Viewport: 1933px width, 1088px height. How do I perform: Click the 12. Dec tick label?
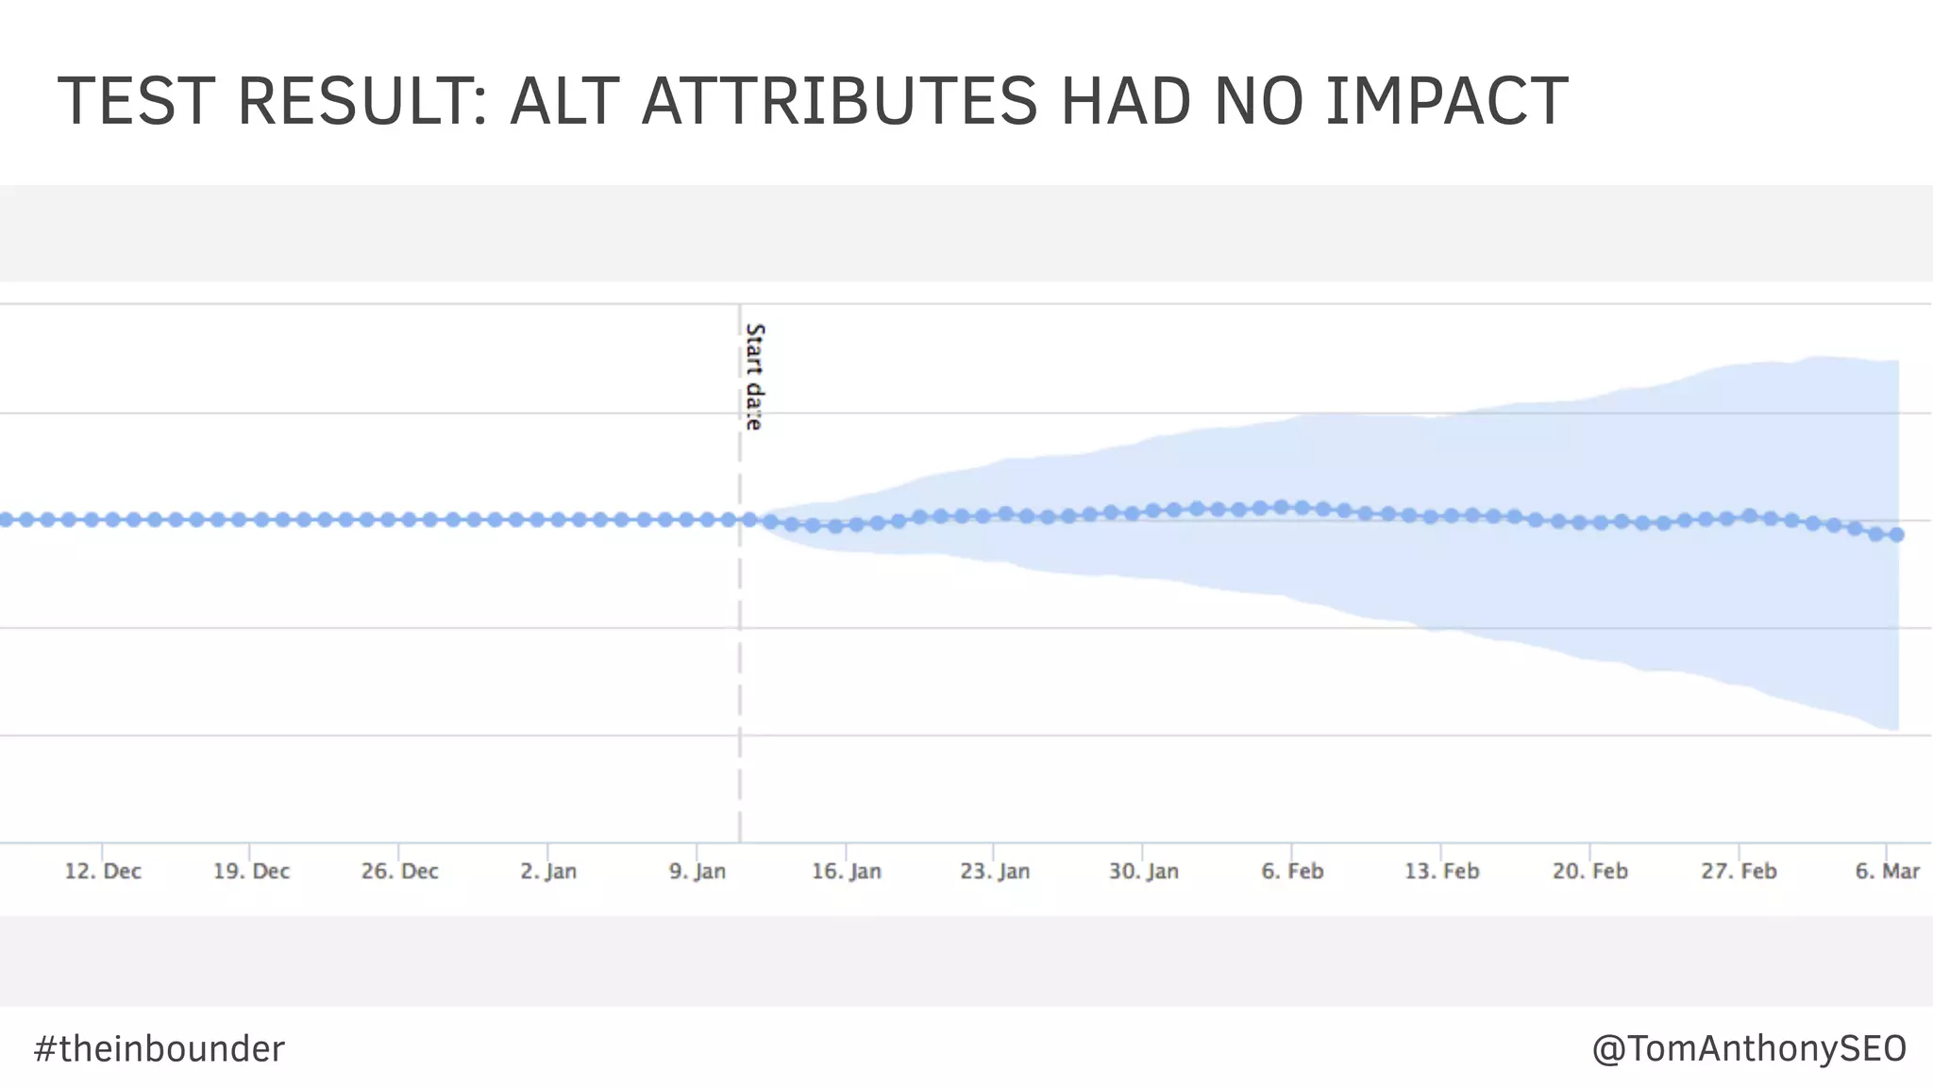[x=103, y=871]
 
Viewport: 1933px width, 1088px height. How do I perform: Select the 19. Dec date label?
[x=251, y=871]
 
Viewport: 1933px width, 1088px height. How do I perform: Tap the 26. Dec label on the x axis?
[x=399, y=871]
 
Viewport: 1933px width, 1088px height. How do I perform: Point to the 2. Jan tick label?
[x=548, y=871]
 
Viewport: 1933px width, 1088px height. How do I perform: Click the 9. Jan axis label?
[x=698, y=871]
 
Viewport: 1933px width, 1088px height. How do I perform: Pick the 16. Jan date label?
[x=847, y=871]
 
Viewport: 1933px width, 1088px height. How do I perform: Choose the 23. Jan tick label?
[x=995, y=871]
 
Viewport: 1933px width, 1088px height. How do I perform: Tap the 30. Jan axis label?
[x=1144, y=871]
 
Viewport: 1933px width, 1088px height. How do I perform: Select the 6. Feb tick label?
[x=1292, y=871]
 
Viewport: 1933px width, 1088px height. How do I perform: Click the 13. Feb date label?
[x=1441, y=871]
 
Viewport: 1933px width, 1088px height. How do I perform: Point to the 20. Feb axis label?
[x=1590, y=871]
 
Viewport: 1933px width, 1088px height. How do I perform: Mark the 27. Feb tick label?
[x=1739, y=871]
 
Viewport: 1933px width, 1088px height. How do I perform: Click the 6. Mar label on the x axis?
[x=1887, y=871]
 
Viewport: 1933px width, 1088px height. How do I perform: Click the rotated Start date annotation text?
[x=754, y=377]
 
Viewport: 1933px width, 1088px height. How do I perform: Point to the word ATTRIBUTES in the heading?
[x=839, y=101]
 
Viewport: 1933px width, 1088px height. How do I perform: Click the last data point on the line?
[x=1897, y=535]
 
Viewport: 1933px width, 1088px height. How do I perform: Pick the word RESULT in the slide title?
[x=362, y=101]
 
